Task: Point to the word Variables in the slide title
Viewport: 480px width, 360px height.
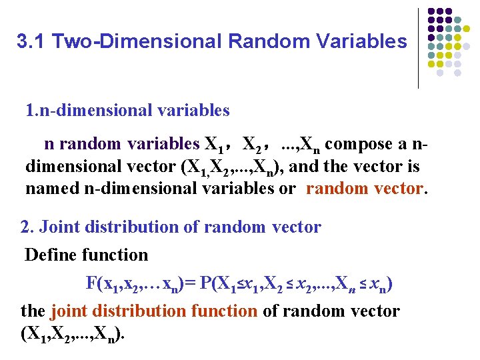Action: [x=361, y=41]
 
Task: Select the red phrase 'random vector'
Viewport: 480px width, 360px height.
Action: [x=365, y=188]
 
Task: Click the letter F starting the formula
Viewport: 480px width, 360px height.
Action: [x=91, y=283]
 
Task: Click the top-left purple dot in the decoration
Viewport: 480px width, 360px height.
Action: [x=430, y=12]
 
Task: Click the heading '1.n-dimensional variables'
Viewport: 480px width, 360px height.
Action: [x=127, y=110]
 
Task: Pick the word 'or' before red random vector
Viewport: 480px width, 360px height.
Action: [x=288, y=188]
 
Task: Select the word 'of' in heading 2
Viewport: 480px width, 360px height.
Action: [x=192, y=227]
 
